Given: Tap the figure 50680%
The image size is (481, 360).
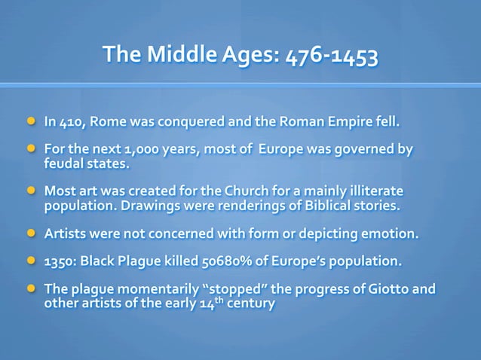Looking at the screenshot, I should click(x=228, y=261).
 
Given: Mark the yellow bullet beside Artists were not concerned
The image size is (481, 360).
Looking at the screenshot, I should click(x=32, y=232).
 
